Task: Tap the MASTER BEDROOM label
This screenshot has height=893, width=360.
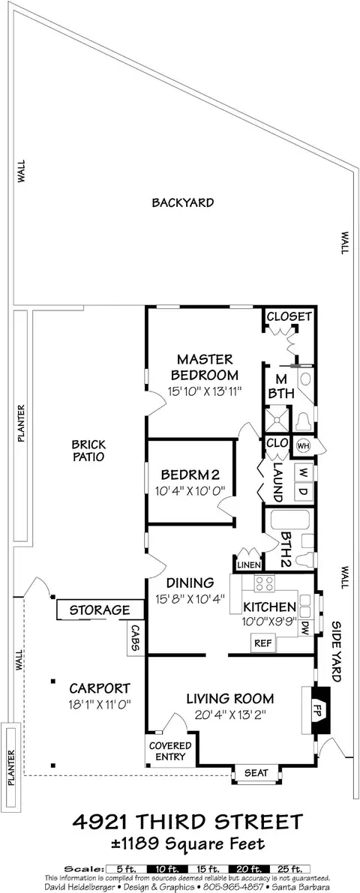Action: (x=205, y=367)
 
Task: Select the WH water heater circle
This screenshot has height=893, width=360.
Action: (x=302, y=446)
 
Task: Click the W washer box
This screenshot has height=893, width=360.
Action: (x=303, y=472)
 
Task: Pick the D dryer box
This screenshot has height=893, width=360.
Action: (x=303, y=492)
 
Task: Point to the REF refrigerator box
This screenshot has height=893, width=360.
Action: (x=263, y=643)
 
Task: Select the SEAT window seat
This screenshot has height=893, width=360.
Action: (x=256, y=773)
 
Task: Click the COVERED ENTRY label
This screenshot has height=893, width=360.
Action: (x=171, y=751)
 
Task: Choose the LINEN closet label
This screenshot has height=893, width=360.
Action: (x=248, y=565)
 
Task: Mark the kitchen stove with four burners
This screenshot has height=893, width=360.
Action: (x=264, y=583)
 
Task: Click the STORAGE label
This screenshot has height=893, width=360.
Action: (x=100, y=610)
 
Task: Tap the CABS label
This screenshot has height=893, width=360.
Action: (x=136, y=638)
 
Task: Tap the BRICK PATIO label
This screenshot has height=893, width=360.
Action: (x=88, y=450)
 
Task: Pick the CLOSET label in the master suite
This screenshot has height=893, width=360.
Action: (x=289, y=316)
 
